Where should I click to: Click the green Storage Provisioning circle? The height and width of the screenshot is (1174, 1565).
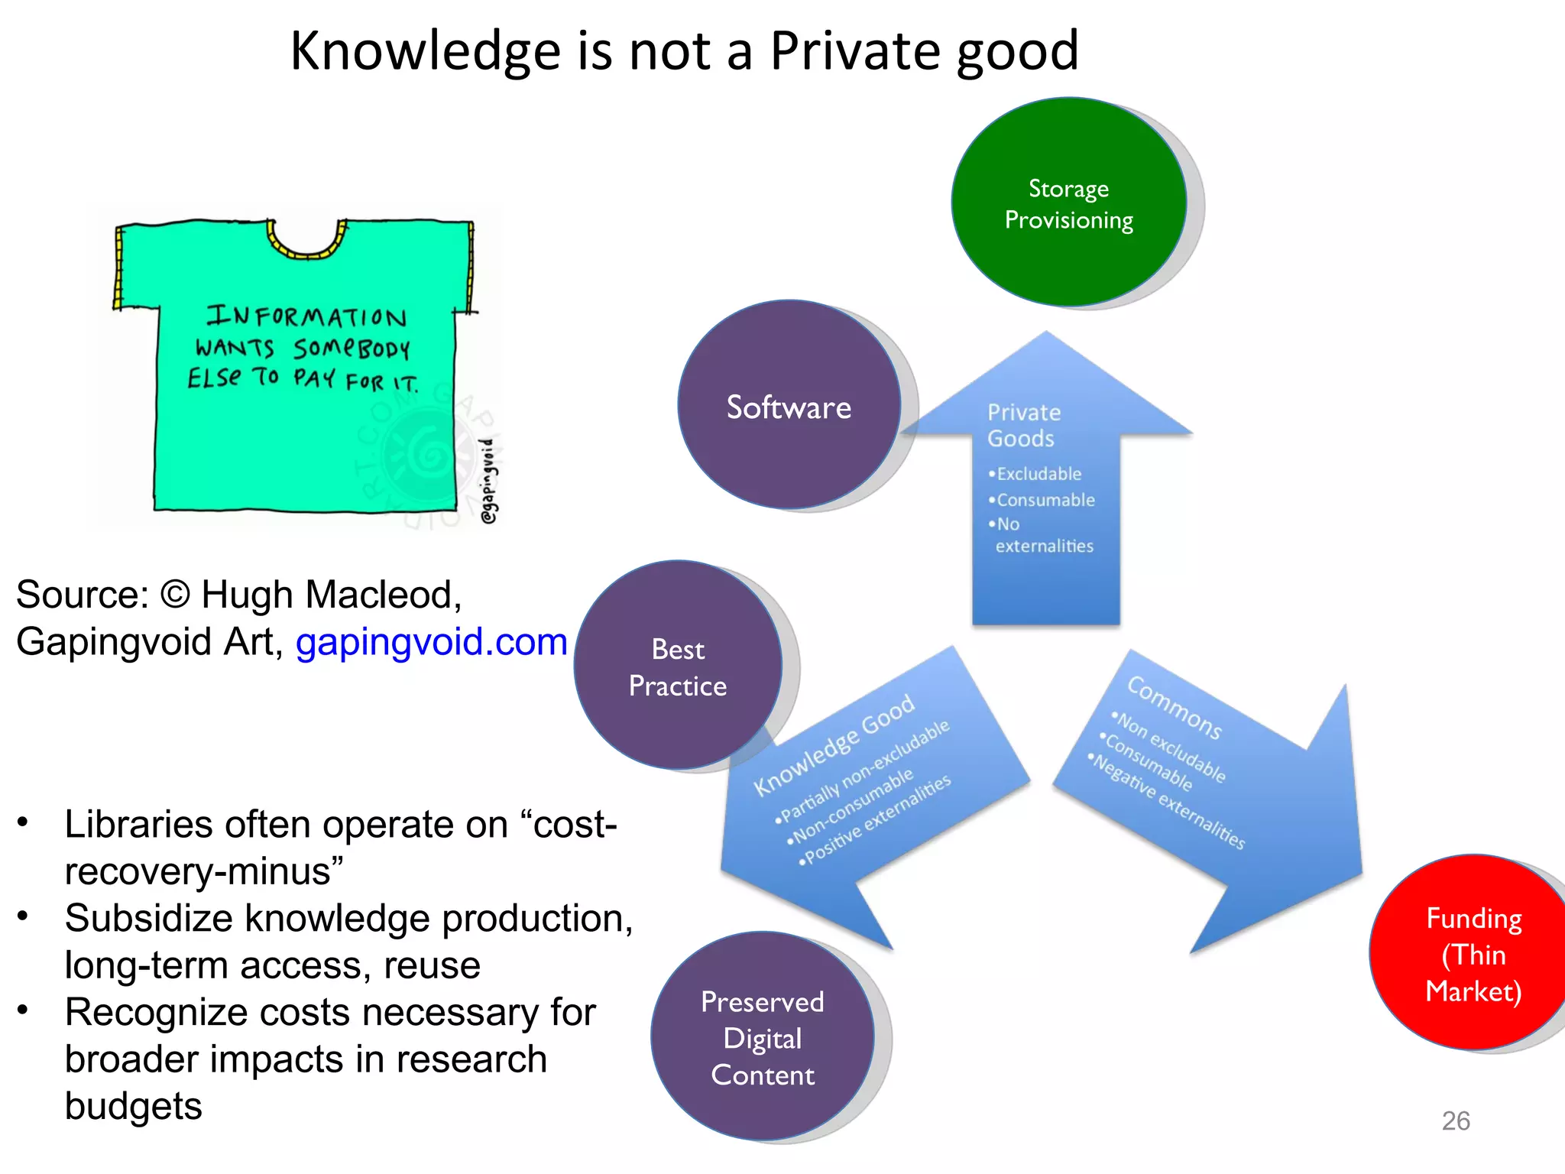(x=1068, y=203)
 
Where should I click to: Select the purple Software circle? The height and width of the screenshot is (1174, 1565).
(x=789, y=406)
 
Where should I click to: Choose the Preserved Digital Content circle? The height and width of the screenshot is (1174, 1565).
(x=763, y=1037)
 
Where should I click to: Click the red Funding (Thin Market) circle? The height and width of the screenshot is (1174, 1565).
(x=1473, y=954)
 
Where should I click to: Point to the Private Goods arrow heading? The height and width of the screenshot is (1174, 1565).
(x=1023, y=425)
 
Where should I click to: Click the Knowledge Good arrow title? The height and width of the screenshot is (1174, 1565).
(x=834, y=744)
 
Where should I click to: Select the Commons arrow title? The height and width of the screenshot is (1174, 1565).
(x=1175, y=708)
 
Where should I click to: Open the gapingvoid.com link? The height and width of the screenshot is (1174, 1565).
(x=431, y=641)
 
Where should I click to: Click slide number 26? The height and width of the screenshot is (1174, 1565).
(x=1455, y=1120)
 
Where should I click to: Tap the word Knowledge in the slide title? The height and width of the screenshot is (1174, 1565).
(x=426, y=52)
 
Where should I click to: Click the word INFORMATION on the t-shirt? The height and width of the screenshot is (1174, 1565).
(x=306, y=316)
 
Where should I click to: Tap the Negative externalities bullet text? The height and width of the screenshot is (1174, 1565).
(x=1169, y=802)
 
